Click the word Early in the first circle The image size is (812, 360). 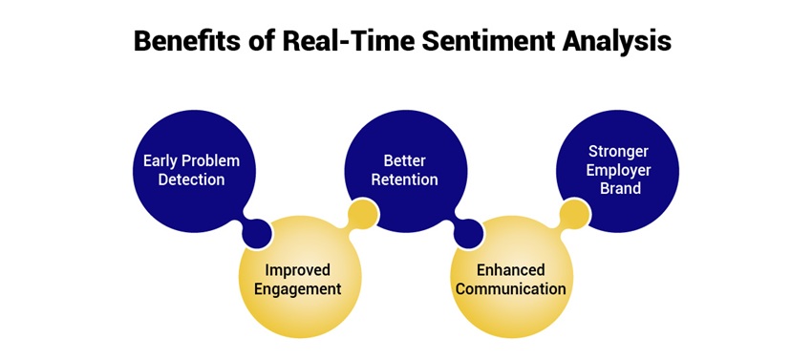pyautogui.click(x=160, y=160)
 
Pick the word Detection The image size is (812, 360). pyautogui.click(x=191, y=180)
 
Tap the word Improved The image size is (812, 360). pyautogui.click(x=303, y=269)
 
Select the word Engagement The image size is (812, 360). pyautogui.click(x=303, y=288)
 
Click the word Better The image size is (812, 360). pyautogui.click(x=404, y=160)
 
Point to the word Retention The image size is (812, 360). pyautogui.click(x=404, y=180)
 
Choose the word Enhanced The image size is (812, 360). pyautogui.click(x=510, y=269)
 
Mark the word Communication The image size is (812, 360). pyautogui.click(x=510, y=288)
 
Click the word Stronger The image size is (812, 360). pyautogui.click(x=617, y=151)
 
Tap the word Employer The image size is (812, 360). pyautogui.click(x=617, y=170)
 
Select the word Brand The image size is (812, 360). pyautogui.click(x=617, y=189)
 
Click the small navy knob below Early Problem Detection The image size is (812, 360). pyautogui.click(x=257, y=230)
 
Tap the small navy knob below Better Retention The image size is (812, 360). pyautogui.click(x=469, y=230)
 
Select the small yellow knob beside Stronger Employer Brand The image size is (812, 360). pyautogui.click(x=573, y=213)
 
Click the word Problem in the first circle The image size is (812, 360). pyautogui.click(x=210, y=160)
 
